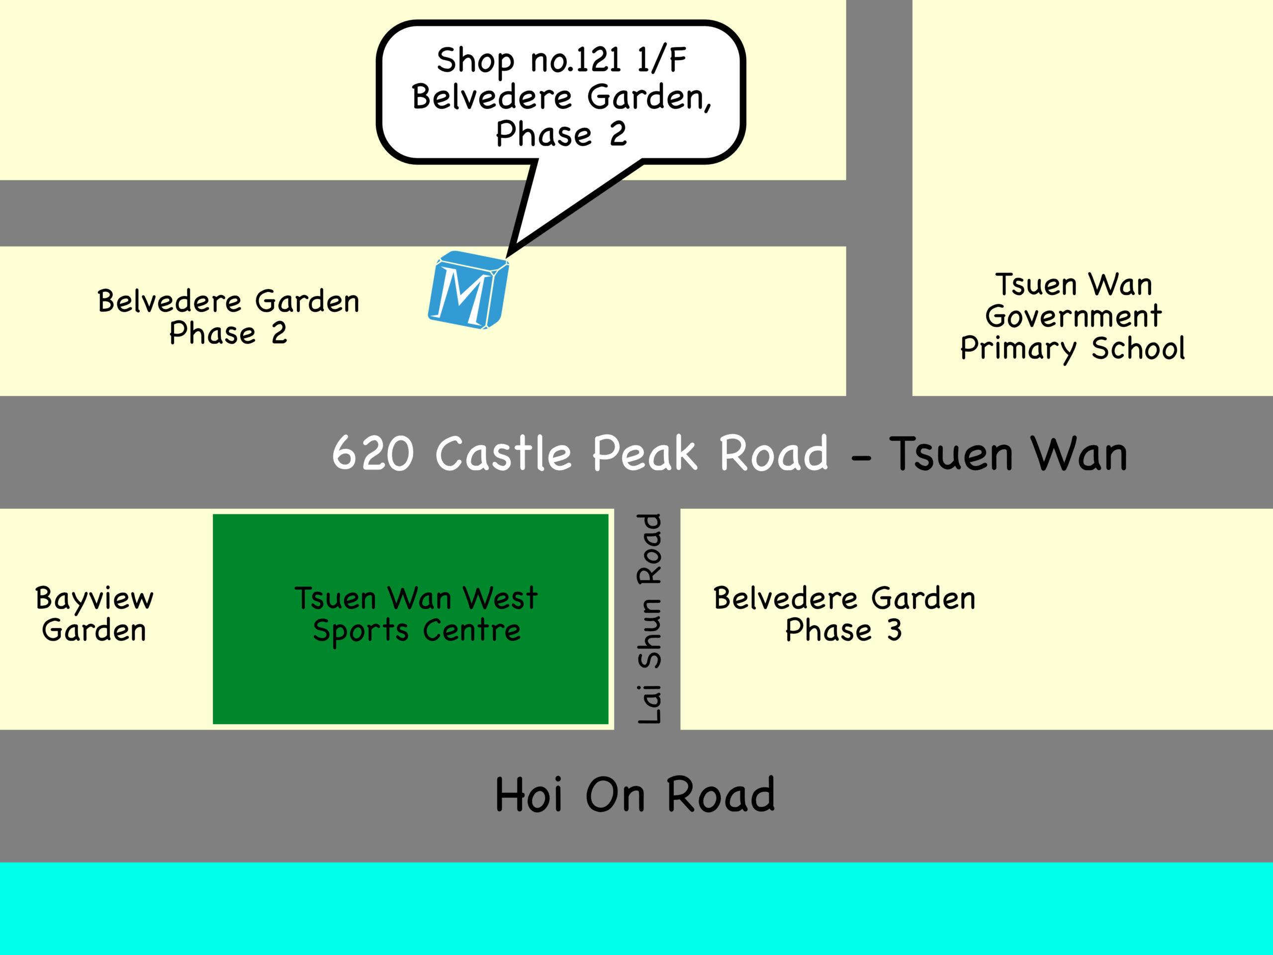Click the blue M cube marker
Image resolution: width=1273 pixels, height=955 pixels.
(467, 290)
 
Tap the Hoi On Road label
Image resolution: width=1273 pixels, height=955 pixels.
(635, 795)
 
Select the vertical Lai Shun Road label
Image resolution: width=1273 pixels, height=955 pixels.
(650, 618)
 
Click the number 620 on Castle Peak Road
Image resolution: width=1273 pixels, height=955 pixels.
(373, 454)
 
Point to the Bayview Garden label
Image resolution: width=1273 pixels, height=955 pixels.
(94, 614)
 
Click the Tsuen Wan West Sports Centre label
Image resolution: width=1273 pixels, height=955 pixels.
(416, 614)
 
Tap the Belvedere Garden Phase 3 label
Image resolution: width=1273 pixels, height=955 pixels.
(844, 614)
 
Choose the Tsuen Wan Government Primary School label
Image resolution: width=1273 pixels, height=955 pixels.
(1073, 317)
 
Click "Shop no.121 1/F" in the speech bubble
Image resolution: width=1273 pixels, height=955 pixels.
(561, 60)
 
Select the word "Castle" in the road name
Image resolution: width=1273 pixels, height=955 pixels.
(503, 454)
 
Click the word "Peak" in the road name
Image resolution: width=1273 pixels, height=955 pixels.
(644, 454)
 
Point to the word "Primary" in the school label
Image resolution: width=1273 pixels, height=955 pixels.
(1017, 349)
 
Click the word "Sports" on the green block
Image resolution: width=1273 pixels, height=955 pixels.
(360, 631)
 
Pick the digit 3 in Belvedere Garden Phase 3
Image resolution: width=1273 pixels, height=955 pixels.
(894, 630)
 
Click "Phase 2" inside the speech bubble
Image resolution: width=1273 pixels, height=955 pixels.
(561, 134)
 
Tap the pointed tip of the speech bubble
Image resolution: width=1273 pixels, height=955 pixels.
(509, 254)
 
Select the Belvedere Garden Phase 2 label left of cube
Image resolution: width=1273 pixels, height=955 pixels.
(228, 317)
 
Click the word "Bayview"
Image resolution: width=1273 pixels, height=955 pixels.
(94, 599)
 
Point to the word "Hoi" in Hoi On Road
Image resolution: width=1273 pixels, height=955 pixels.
(528, 795)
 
